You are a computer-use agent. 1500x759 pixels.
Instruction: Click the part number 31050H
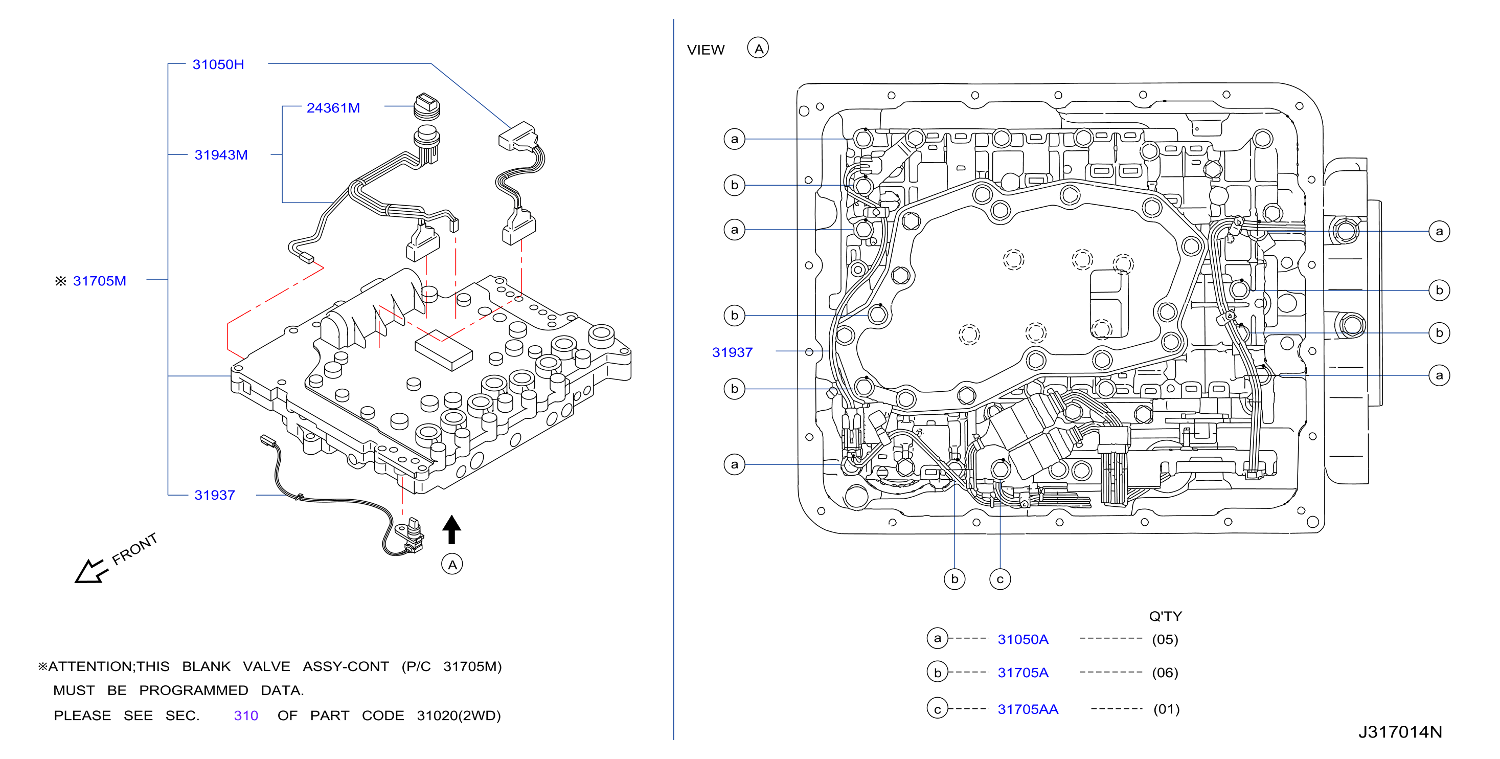point(218,64)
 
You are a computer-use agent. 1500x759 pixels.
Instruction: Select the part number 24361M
point(333,108)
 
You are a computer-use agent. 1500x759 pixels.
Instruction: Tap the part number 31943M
point(221,155)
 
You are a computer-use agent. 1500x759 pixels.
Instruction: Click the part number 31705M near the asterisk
point(100,281)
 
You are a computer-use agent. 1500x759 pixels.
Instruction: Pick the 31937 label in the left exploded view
point(214,495)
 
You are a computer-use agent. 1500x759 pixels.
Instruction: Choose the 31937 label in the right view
point(732,352)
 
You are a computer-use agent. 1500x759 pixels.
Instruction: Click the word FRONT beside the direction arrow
point(134,549)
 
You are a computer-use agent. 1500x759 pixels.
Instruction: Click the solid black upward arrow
point(451,529)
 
